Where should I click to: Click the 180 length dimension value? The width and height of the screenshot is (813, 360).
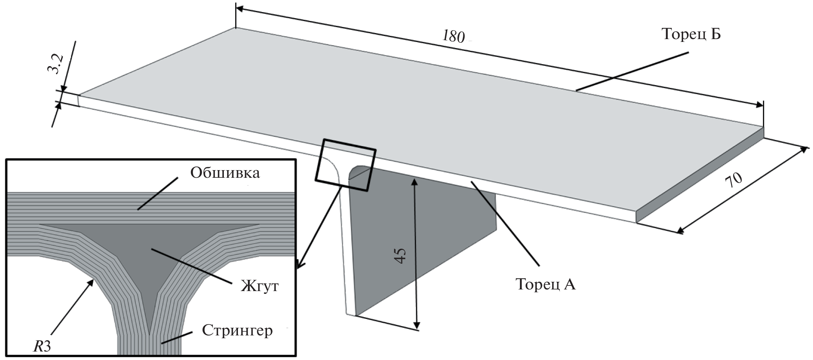454,36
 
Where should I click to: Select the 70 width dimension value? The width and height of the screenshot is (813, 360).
734,181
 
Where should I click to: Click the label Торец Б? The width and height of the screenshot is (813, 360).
691,35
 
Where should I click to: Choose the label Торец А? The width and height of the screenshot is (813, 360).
545,284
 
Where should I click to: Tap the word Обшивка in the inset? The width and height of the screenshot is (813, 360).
225,173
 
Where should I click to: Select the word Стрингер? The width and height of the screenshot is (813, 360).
237,331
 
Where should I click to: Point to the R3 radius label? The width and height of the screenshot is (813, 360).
42,346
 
